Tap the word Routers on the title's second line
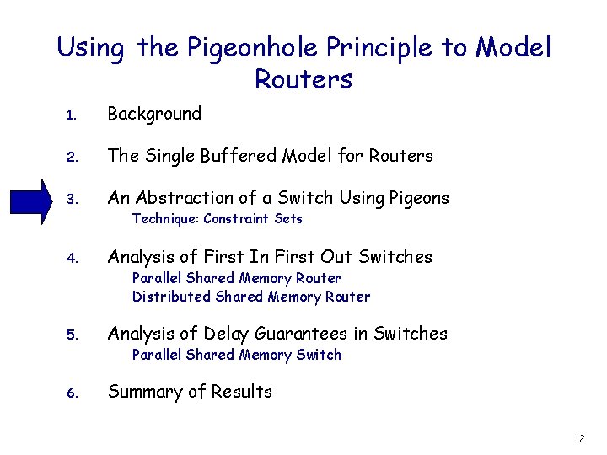pyautogui.click(x=303, y=80)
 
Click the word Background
pyautogui.click(x=154, y=114)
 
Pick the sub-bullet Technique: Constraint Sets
pyautogui.click(x=217, y=219)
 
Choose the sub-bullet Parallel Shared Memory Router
pyautogui.click(x=236, y=278)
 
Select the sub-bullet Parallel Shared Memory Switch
pyautogui.click(x=236, y=355)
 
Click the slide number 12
pyautogui.click(x=578, y=439)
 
